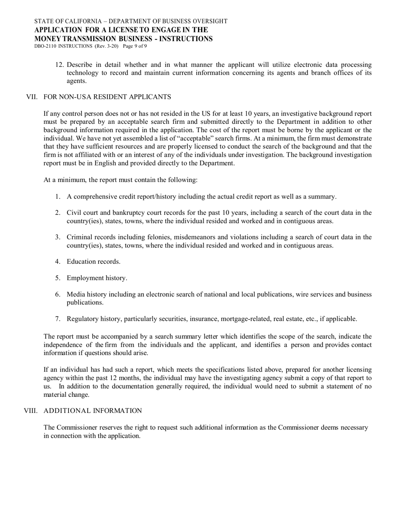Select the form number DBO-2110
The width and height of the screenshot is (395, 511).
pyautogui.click(x=45, y=46)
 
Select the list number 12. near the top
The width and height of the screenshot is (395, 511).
pyautogui.click(x=59, y=65)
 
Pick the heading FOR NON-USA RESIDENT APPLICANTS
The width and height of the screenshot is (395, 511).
pyautogui.click(x=107, y=97)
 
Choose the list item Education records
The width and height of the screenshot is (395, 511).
pyautogui.click(x=94, y=262)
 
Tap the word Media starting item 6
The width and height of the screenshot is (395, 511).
pyautogui.click(x=76, y=295)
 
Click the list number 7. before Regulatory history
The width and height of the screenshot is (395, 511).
pyautogui.click(x=58, y=319)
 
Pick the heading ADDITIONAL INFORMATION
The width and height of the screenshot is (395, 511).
pyautogui.click(x=93, y=411)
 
